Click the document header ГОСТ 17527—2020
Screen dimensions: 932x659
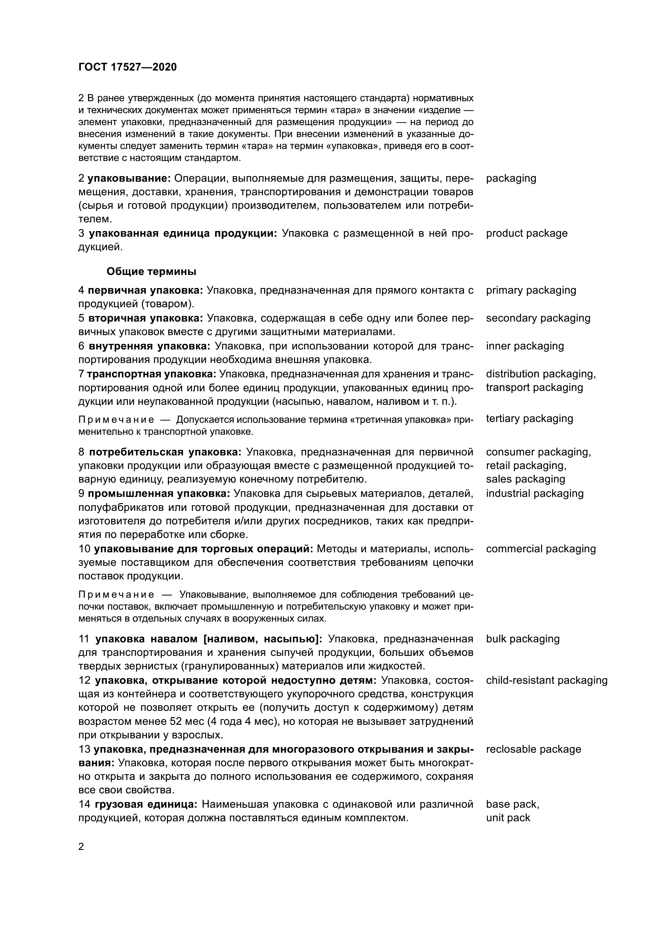tap(127, 67)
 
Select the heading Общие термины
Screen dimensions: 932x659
tap(151, 272)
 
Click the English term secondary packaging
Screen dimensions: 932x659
tap(538, 318)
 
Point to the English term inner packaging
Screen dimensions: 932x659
tap(525, 346)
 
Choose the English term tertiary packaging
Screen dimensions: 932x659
tap(530, 418)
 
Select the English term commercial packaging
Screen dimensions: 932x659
tap(541, 549)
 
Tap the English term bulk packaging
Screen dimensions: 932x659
tap(523, 639)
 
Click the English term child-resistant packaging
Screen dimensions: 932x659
tap(547, 680)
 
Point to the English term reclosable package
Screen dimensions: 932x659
tap(533, 750)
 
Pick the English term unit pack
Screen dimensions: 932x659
tap(508, 818)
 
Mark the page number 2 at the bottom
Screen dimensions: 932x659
tap(81, 847)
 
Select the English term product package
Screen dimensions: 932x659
tap(527, 233)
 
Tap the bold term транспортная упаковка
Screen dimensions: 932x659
tap(151, 374)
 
